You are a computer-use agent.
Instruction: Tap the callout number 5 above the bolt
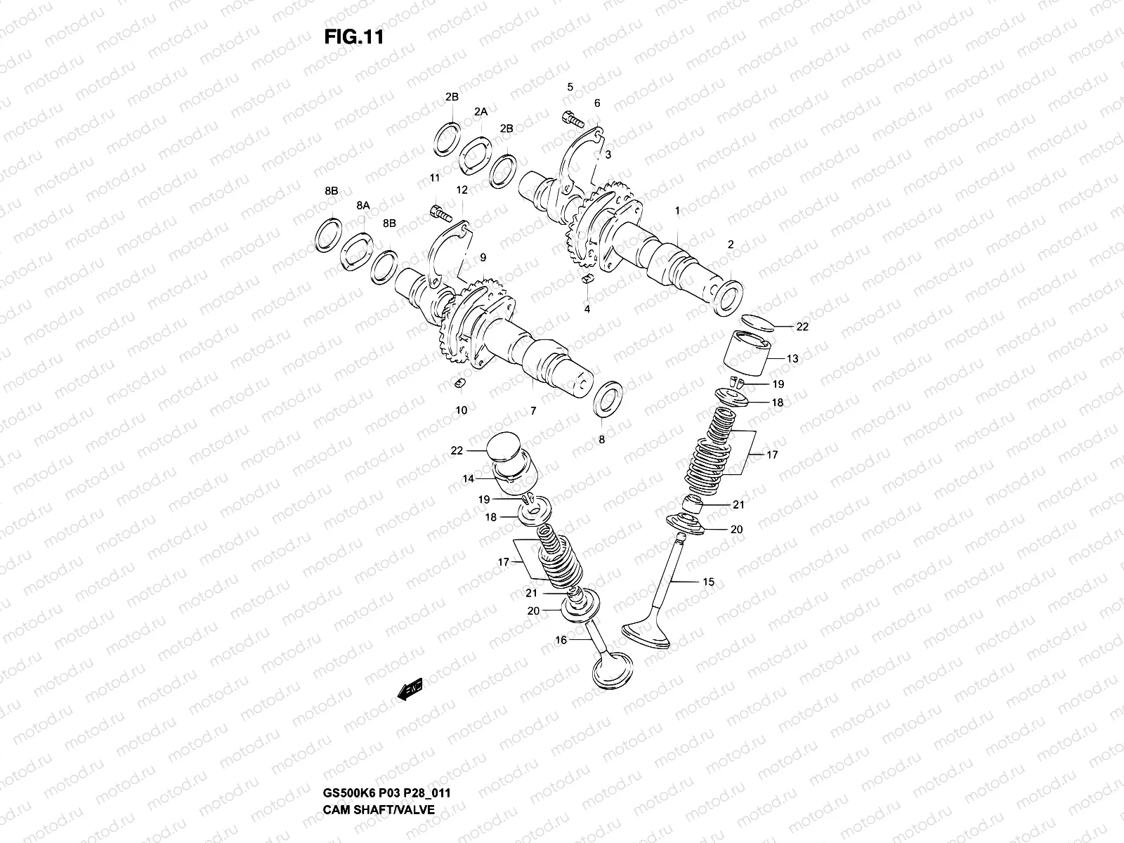click(570, 87)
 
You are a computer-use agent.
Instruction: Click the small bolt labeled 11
click(438, 209)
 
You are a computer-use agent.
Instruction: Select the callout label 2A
click(481, 112)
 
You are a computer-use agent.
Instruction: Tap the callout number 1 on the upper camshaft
click(677, 211)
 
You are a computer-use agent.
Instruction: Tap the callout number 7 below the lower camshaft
click(533, 411)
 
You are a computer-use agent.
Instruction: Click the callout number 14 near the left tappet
click(468, 478)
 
